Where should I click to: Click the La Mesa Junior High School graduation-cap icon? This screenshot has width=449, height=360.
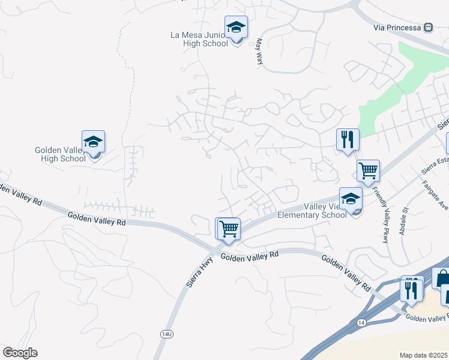[236, 28]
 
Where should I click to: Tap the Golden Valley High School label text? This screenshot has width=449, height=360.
[60, 154]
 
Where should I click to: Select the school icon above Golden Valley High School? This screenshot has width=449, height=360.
[93, 142]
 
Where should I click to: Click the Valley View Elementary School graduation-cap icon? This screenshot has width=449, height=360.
[351, 199]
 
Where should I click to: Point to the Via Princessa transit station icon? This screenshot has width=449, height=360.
[428, 27]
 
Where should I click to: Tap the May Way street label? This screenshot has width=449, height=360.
[260, 52]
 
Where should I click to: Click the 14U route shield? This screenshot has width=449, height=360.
[166, 332]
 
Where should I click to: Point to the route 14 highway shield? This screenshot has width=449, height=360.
[361, 322]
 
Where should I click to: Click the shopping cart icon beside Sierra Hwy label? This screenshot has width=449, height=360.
[228, 229]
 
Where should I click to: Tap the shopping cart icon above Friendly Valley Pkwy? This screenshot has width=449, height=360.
[368, 170]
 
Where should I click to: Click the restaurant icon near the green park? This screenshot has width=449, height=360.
[348, 140]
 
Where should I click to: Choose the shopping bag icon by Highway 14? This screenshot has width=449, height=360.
[442, 278]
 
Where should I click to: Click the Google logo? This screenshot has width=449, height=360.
[20, 353]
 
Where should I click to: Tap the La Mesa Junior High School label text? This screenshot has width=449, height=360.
[198, 39]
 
